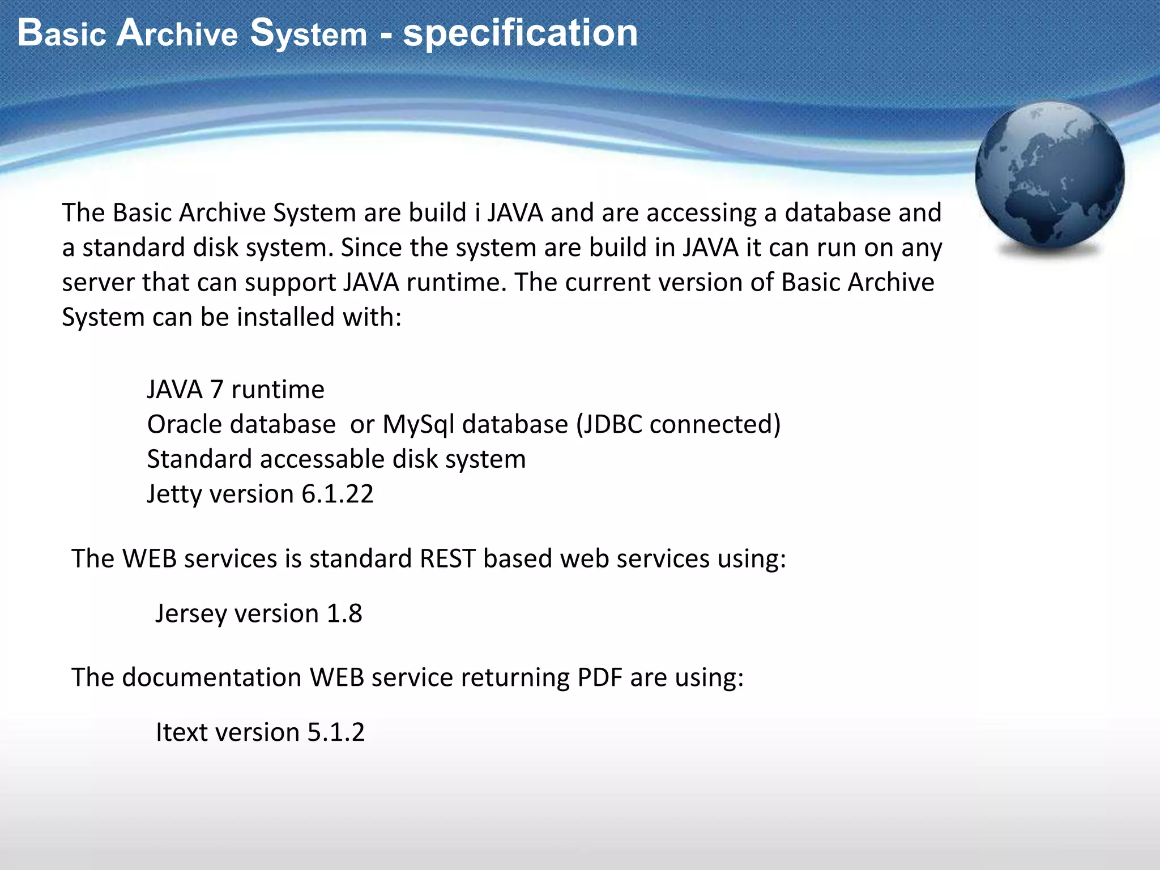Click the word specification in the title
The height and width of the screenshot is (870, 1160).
pos(520,33)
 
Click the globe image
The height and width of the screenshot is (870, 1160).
pos(1050,177)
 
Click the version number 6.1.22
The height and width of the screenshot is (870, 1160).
pos(337,494)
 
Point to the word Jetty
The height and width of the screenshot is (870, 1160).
pos(174,494)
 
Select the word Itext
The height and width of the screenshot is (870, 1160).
pos(182,732)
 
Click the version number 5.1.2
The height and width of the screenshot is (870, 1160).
pos(336,732)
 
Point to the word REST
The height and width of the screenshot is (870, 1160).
pos(447,559)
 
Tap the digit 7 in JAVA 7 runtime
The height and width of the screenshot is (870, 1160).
pos(216,390)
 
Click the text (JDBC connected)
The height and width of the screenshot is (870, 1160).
pos(678,424)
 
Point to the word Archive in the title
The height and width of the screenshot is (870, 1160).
pos(177,33)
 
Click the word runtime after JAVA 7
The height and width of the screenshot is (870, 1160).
pos(278,390)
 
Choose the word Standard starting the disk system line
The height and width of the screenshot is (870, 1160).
pos(199,459)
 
